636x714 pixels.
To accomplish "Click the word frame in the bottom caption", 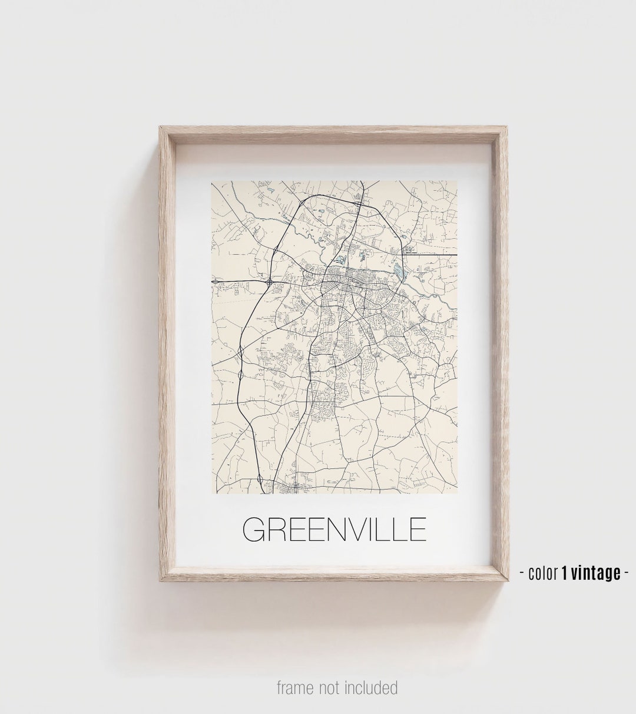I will tap(296, 687).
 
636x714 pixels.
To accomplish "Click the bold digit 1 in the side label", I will tap(564, 572).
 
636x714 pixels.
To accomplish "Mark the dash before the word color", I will tap(522, 573).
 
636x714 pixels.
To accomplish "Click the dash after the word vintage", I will tap(627, 573).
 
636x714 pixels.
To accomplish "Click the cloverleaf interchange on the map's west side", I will tap(269, 282).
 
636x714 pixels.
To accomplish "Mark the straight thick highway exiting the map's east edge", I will tap(436, 254).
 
